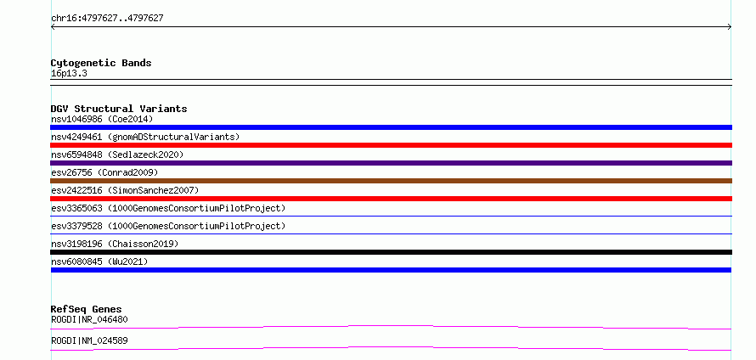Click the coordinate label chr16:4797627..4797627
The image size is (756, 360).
(107, 19)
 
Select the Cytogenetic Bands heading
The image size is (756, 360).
(101, 63)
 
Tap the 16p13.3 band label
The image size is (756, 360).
(69, 74)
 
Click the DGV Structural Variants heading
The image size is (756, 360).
(119, 109)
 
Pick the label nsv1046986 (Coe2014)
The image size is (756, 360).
(102, 119)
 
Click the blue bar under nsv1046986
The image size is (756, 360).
(391, 127)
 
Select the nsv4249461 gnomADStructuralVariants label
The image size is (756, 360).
(145, 137)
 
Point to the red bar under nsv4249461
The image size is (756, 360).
(391, 145)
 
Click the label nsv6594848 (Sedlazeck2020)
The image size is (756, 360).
(117, 155)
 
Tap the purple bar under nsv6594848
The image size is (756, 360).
(391, 163)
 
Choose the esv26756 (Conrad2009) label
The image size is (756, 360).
(104, 172)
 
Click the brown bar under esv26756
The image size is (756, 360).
(391, 181)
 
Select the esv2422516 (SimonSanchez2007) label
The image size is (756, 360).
(125, 190)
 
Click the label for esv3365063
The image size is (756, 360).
(168, 208)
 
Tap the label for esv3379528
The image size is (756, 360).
(168, 226)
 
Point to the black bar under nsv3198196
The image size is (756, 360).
(391, 252)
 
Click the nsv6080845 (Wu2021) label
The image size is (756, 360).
(99, 262)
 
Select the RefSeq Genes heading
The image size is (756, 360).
(87, 309)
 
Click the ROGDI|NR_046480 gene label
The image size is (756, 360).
(89, 319)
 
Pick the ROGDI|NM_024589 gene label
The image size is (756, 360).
(89, 340)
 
